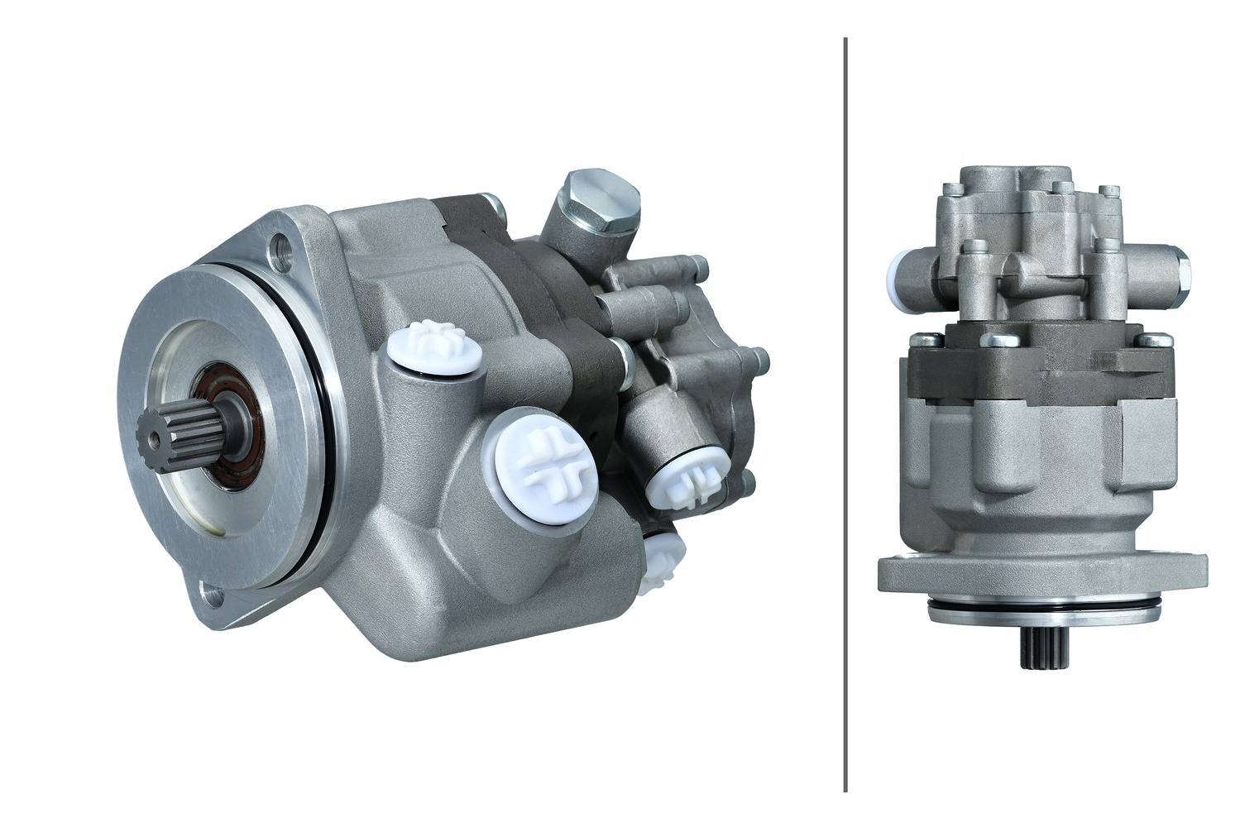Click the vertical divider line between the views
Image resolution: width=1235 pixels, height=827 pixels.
point(845,413)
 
